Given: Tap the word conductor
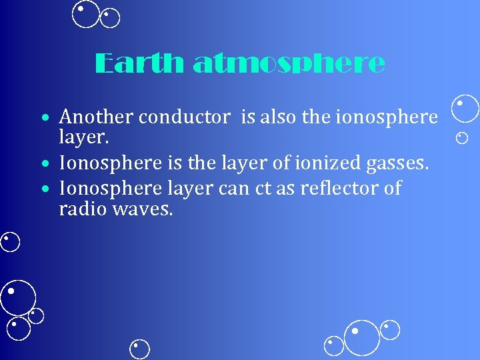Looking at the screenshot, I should [x=183, y=117].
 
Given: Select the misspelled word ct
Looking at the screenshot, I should [x=262, y=189].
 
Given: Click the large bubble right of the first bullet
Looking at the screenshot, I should [x=465, y=109].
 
